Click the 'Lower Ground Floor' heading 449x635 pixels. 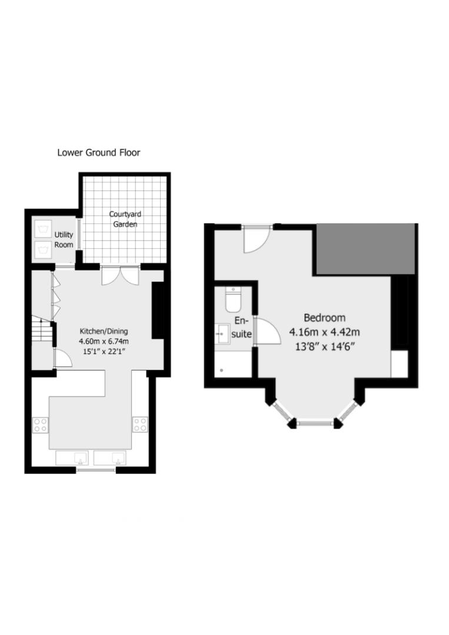pos(98,153)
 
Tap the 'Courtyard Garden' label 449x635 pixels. pos(125,219)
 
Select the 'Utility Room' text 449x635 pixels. pos(64,239)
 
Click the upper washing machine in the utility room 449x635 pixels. pos(42,228)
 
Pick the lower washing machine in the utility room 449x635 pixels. pos(42,249)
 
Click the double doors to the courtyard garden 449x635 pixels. pos(119,275)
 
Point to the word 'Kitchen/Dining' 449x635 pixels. pos(104,330)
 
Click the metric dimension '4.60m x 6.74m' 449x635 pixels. pos(104,341)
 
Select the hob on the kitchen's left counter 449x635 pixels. pos(40,425)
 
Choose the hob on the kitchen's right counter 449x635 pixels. pos(139,424)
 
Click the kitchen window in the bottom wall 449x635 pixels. pos(97,469)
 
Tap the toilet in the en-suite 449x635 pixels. pos(232,300)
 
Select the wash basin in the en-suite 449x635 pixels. pos(222,335)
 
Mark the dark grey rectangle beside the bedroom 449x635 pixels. pos(367,248)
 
